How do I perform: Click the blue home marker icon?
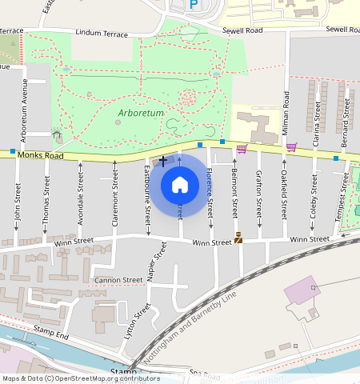180,186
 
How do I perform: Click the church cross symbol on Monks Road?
163,161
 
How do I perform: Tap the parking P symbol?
193,5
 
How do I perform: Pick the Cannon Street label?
118,280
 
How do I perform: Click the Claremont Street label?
115,196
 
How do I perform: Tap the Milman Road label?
285,112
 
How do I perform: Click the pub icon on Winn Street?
238,237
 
